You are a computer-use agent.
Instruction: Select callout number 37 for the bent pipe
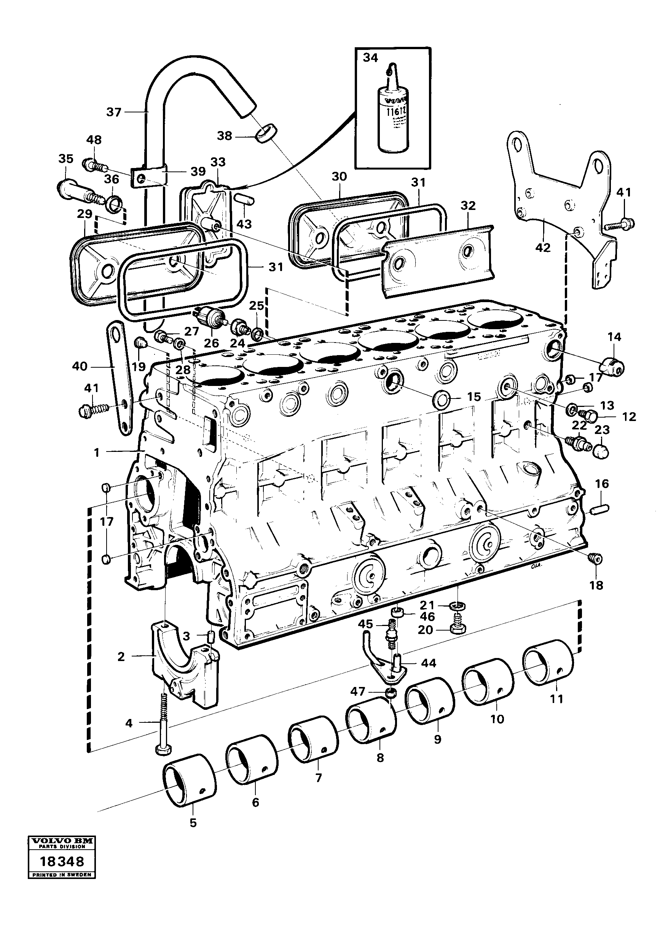click(113, 112)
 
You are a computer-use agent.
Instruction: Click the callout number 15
click(474, 397)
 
